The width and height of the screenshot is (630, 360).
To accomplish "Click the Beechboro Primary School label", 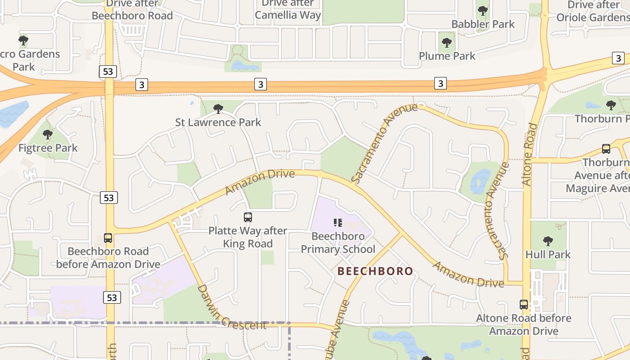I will click(x=338, y=243).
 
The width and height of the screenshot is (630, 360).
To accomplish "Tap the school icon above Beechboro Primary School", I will click(x=338, y=222).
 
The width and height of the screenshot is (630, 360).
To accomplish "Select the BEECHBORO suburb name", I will click(x=375, y=271).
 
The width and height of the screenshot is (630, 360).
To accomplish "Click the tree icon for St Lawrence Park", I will click(x=218, y=108).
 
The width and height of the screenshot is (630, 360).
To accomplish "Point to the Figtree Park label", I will click(x=48, y=148).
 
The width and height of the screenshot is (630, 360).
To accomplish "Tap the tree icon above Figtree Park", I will click(x=48, y=134).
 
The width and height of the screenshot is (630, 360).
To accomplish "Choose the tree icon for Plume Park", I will click(x=446, y=43).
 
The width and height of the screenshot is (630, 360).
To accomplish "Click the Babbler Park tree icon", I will click(x=483, y=10).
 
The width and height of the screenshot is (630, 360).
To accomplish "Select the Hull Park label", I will click(x=548, y=254).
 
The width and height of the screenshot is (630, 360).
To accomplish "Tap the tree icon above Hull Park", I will click(x=548, y=241).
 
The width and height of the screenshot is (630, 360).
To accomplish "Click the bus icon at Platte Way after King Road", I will click(x=248, y=217).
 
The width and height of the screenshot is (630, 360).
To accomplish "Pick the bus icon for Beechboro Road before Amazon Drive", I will click(x=108, y=238).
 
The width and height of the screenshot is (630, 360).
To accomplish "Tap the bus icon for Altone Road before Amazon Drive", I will click(x=524, y=304).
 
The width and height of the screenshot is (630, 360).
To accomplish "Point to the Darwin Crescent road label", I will click(x=231, y=308).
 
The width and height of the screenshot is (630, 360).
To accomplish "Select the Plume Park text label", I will click(x=447, y=56).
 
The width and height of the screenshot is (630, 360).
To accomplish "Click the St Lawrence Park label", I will click(x=218, y=122).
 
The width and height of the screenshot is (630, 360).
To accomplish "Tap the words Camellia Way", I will click(x=288, y=15).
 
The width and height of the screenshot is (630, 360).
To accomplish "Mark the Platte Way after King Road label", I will click(x=248, y=237).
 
